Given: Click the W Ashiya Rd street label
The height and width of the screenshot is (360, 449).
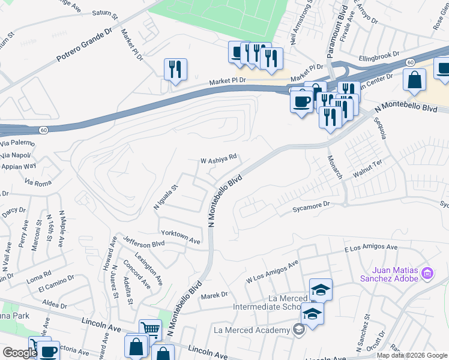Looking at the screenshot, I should click(x=218, y=160).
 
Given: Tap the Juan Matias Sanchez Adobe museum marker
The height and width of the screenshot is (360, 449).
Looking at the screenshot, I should click(x=428, y=274).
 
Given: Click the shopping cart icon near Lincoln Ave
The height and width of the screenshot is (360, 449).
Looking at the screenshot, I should click(x=150, y=329).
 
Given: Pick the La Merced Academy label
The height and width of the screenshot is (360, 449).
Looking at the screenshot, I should click(x=252, y=329).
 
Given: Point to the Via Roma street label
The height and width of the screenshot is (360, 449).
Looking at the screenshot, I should click(x=37, y=181).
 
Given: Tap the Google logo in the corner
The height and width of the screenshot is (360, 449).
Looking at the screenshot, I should click(x=20, y=353).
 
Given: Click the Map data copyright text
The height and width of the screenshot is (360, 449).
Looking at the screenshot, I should click(x=412, y=355).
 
